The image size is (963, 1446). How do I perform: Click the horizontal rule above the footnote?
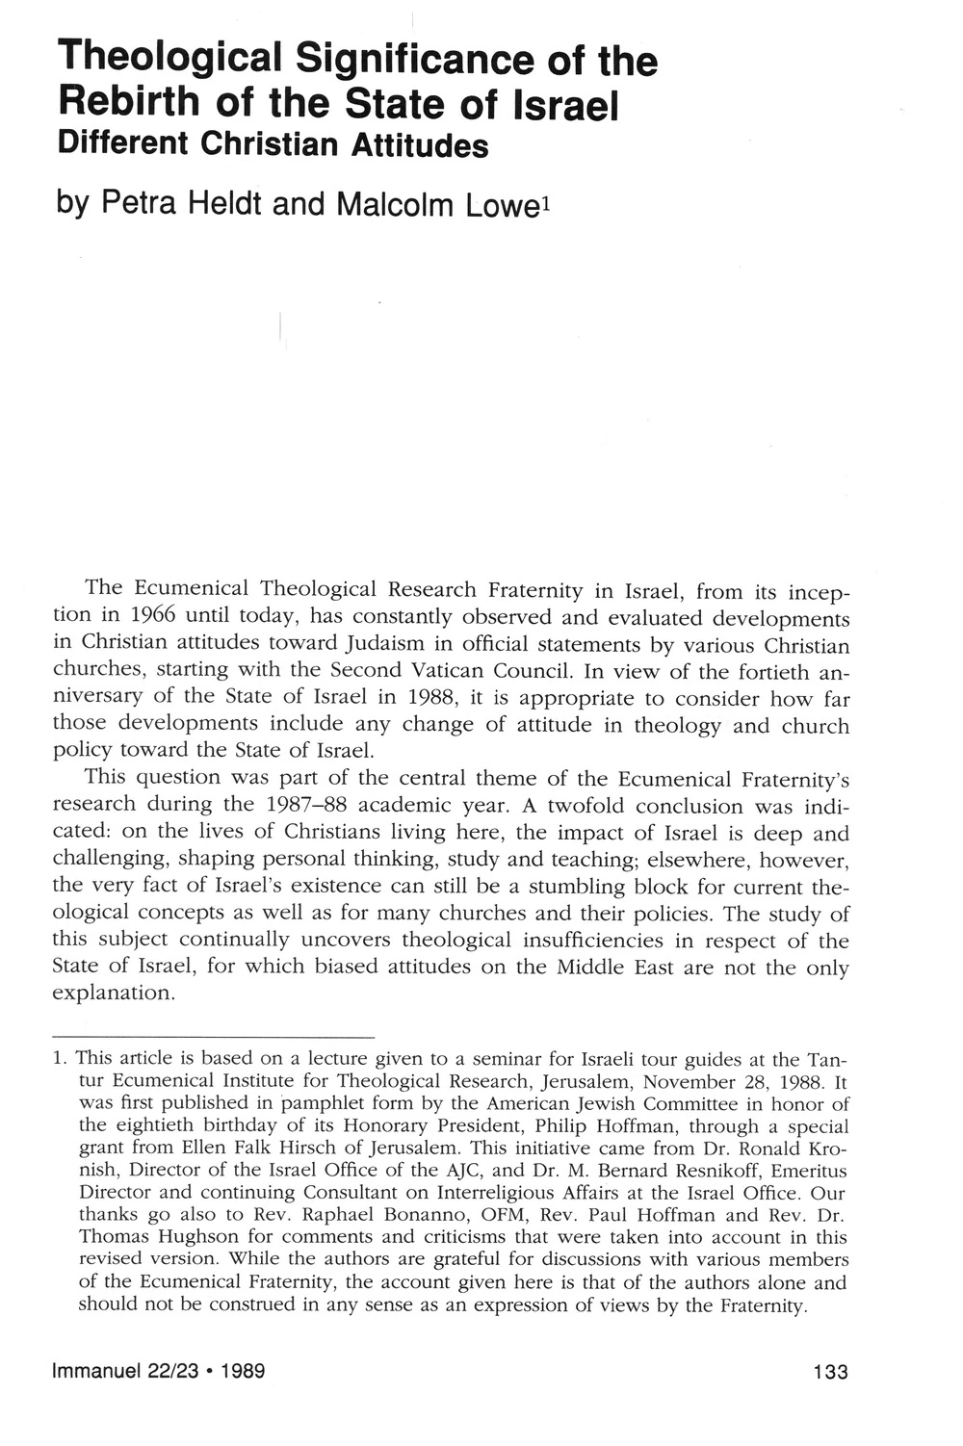click(x=213, y=1037)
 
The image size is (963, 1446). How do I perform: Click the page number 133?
click(x=829, y=1371)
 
